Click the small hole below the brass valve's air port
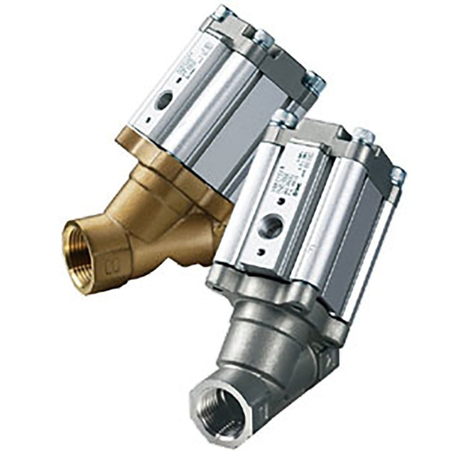148,120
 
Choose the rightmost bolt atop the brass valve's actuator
315,82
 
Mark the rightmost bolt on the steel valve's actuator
398,174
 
